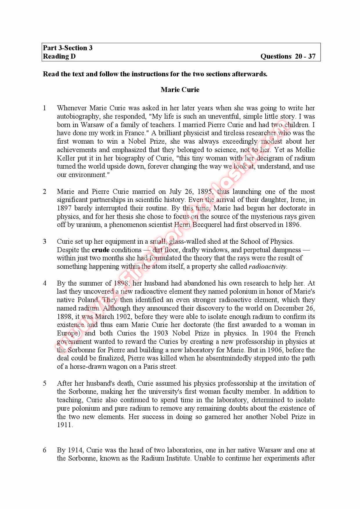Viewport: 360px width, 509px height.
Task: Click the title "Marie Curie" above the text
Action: point(180,90)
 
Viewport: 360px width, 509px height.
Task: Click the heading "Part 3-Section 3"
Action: point(68,48)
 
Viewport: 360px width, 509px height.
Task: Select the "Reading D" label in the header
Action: point(59,56)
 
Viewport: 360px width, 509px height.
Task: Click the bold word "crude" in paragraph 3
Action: point(100,250)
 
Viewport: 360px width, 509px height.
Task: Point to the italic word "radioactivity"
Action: point(267,267)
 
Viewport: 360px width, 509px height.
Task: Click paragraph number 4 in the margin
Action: point(45,283)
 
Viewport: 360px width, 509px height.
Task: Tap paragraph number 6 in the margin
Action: point(45,450)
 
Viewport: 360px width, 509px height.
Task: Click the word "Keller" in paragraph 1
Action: point(66,158)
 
